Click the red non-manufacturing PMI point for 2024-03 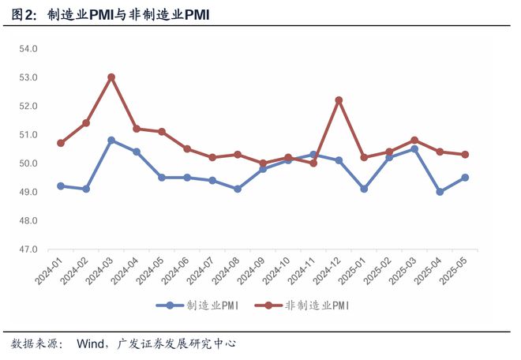(111, 77)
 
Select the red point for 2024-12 (339, 100)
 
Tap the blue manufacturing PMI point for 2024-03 (111, 141)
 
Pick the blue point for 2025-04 (440, 192)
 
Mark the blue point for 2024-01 (61, 186)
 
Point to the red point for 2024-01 (61, 143)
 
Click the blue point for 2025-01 (364, 189)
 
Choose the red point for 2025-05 (465, 155)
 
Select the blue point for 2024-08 (238, 189)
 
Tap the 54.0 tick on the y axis (29, 49)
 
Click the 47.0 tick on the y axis (29, 249)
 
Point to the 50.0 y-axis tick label (29, 163)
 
